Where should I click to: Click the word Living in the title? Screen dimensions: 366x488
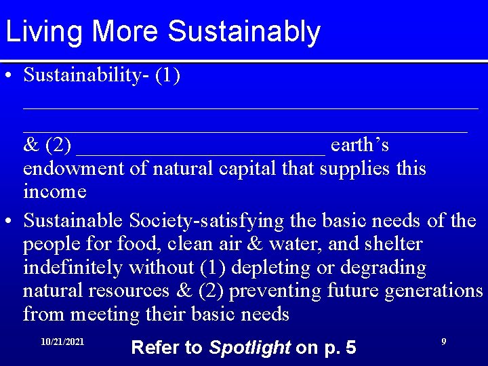pos(45,32)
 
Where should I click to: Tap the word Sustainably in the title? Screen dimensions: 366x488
pos(244,32)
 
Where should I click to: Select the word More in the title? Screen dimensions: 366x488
pos(129,32)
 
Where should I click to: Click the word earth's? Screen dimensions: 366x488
pos(360,145)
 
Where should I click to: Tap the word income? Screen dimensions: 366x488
pos(55,191)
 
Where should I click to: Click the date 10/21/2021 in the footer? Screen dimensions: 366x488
pos(62,342)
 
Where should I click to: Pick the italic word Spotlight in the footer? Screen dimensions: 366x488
pos(249,348)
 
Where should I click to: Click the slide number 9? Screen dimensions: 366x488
pos(443,342)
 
